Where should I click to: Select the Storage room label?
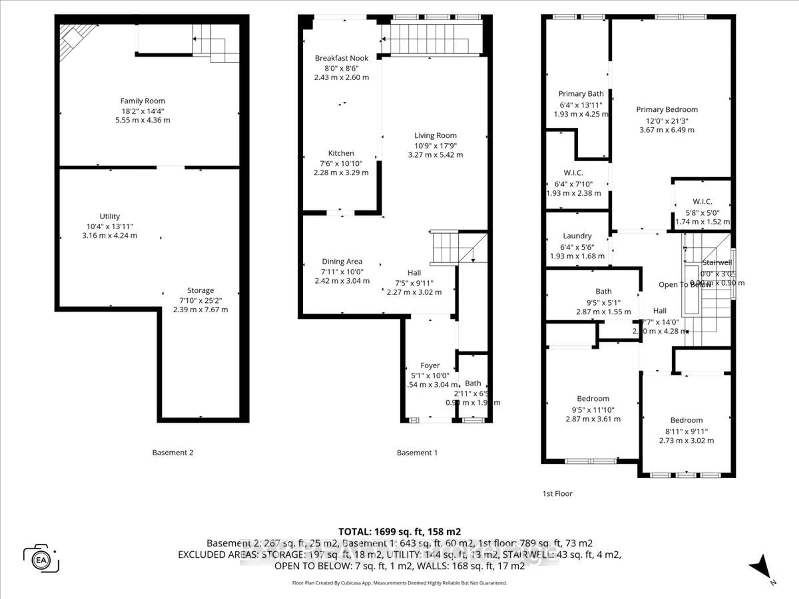(x=200, y=290)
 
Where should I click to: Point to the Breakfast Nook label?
(x=341, y=58)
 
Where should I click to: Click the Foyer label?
(x=430, y=365)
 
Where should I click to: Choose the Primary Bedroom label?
(x=667, y=109)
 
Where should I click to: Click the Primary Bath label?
(x=581, y=94)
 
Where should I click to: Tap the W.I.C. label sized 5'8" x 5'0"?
(x=702, y=202)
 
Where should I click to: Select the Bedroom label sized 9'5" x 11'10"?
(x=593, y=399)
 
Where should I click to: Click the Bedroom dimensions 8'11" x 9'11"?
(x=686, y=432)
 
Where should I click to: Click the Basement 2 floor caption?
(x=173, y=452)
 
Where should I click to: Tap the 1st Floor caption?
(x=557, y=494)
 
